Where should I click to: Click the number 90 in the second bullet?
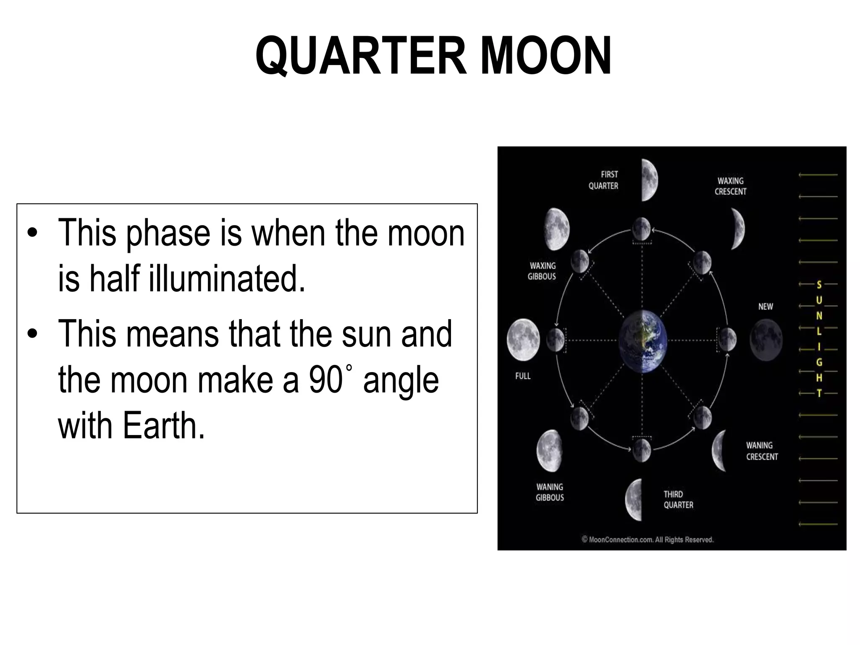(326, 380)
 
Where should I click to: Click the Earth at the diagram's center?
(642, 341)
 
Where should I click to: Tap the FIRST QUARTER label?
(604, 180)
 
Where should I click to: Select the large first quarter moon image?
(649, 180)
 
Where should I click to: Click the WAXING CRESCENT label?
(731, 186)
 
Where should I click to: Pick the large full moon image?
(523, 340)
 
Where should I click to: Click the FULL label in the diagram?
(523, 376)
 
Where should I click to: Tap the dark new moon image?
(766, 340)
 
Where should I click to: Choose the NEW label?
(766, 307)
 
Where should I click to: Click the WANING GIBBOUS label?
(550, 492)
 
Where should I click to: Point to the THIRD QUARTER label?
(678, 500)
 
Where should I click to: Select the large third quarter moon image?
(635, 500)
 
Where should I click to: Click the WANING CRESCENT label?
(762, 451)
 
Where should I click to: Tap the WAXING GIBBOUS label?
(542, 271)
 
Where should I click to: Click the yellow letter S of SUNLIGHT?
(819, 285)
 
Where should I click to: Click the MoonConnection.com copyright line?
(648, 540)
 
